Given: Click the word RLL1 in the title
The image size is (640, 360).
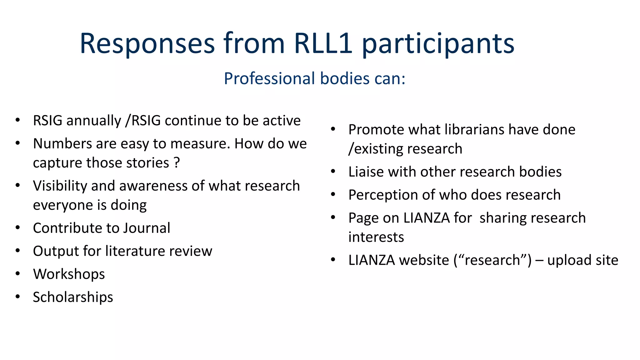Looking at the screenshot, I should click(323, 43).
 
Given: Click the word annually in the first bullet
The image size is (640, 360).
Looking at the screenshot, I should click(94, 121).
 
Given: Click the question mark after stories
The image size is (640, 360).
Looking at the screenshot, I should click(177, 163).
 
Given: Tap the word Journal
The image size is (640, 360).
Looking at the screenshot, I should click(147, 228).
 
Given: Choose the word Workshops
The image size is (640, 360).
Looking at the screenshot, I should click(69, 274).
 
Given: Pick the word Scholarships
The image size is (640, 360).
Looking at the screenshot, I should click(73, 297).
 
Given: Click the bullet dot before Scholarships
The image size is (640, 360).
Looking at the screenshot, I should click(18, 297).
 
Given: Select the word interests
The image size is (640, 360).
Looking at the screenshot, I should click(376, 237).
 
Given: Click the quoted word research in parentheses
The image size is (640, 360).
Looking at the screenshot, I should click(492, 260).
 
